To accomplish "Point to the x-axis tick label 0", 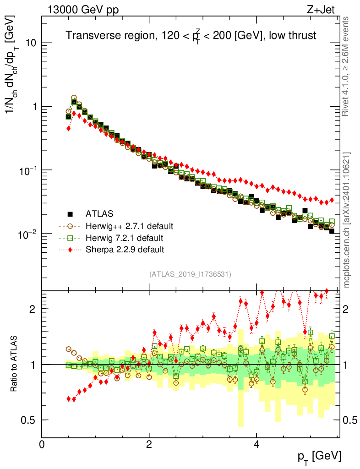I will [x=42, y=444].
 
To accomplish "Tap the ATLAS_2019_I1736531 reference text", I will [x=190, y=274].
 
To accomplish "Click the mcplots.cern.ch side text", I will [x=347, y=220].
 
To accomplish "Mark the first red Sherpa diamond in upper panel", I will [x=69, y=128].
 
